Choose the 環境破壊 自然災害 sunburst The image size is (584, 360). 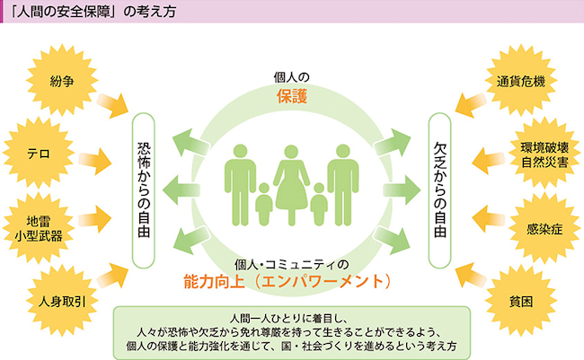(x=543, y=154)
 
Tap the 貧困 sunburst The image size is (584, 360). (x=521, y=301)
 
